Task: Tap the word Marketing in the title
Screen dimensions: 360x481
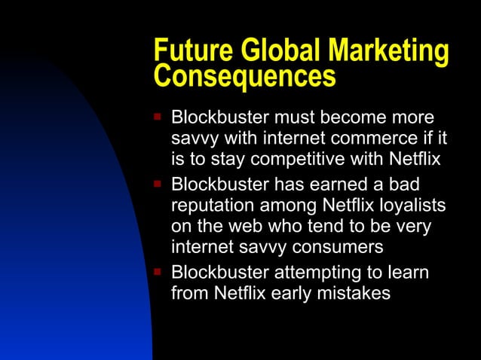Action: (x=387, y=51)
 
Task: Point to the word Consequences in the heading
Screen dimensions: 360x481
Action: (x=244, y=75)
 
